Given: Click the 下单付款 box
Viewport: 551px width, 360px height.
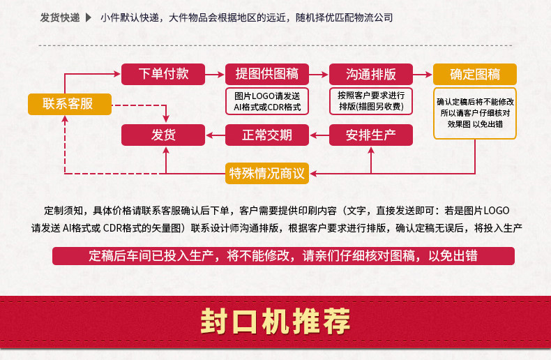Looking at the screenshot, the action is point(164,73).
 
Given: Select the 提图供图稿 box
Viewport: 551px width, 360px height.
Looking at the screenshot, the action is point(268,73).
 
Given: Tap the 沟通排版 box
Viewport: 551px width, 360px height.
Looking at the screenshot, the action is point(372,73).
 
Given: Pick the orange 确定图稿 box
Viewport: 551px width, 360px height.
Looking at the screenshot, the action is point(475,74).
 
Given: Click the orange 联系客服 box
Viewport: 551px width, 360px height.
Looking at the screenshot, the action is point(69,104).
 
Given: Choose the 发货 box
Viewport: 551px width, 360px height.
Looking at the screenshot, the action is point(164,135).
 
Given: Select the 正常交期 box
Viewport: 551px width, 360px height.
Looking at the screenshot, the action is point(268,135).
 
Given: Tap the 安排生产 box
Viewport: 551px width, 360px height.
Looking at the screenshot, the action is point(371,135).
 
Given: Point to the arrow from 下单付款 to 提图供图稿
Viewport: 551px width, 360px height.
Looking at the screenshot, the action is point(216,73).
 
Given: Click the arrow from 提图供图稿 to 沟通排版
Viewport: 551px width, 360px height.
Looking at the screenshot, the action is point(319,73).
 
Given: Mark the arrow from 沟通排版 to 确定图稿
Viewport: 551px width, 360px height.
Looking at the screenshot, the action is point(423,73).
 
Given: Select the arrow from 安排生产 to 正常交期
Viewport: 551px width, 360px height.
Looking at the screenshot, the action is point(319,135).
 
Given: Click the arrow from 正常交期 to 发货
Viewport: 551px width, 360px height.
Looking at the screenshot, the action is point(216,135).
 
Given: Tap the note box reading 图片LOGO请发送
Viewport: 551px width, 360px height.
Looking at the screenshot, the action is point(268,101).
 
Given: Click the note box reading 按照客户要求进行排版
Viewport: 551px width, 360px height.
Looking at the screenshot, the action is point(372,101).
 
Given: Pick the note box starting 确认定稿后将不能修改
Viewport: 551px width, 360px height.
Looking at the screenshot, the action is point(475,112).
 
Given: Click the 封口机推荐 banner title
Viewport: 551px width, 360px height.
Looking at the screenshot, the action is point(275,322).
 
